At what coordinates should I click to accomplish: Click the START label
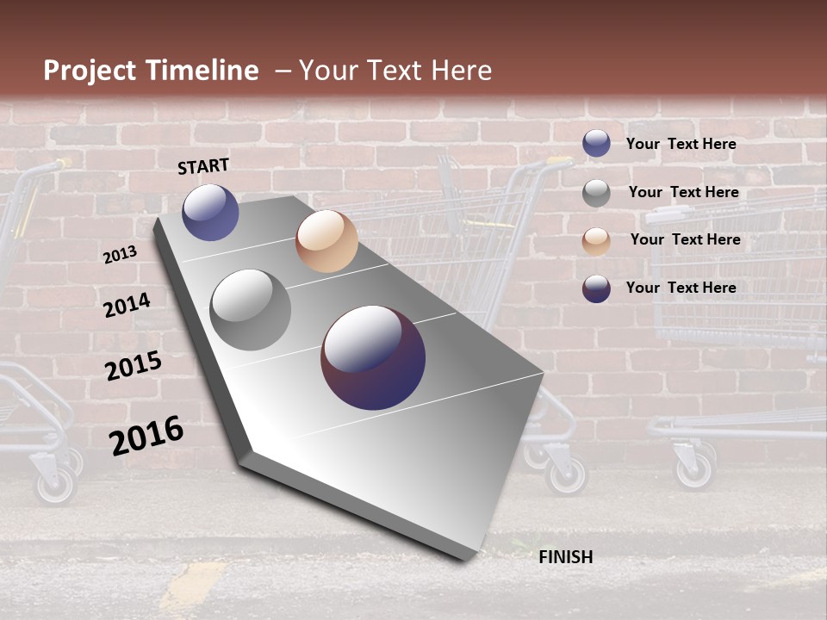click(x=203, y=166)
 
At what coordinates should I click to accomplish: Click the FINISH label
click(x=565, y=557)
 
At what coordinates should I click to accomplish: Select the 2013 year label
click(x=120, y=254)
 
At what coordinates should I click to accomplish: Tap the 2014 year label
click(x=127, y=305)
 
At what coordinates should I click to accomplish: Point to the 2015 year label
click(x=133, y=365)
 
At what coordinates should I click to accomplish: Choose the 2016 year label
click(x=146, y=435)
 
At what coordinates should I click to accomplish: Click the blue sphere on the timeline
click(x=210, y=212)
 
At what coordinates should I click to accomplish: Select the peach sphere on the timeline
click(x=326, y=241)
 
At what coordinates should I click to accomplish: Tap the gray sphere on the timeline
click(x=251, y=310)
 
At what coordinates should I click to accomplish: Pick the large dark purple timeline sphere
click(x=373, y=357)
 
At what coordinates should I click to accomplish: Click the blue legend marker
click(x=596, y=144)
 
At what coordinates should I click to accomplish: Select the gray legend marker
click(x=596, y=193)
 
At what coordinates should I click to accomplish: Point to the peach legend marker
click(x=596, y=241)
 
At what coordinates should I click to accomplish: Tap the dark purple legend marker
click(x=596, y=288)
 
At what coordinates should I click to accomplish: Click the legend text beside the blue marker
click(x=681, y=144)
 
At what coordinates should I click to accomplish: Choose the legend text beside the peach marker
click(x=685, y=239)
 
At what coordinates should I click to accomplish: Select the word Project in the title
click(x=90, y=71)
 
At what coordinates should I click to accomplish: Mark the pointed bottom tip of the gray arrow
click(x=469, y=558)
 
